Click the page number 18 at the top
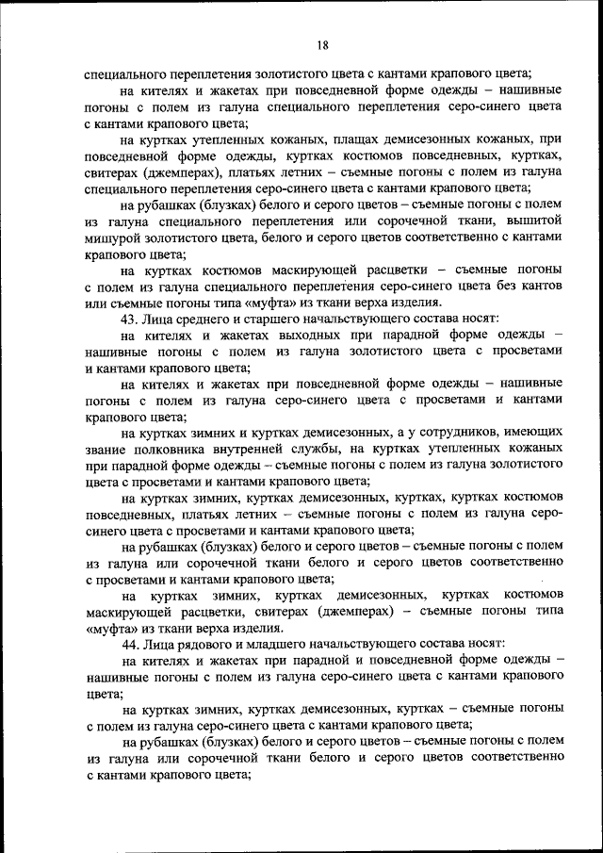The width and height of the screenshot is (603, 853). click(x=322, y=45)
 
